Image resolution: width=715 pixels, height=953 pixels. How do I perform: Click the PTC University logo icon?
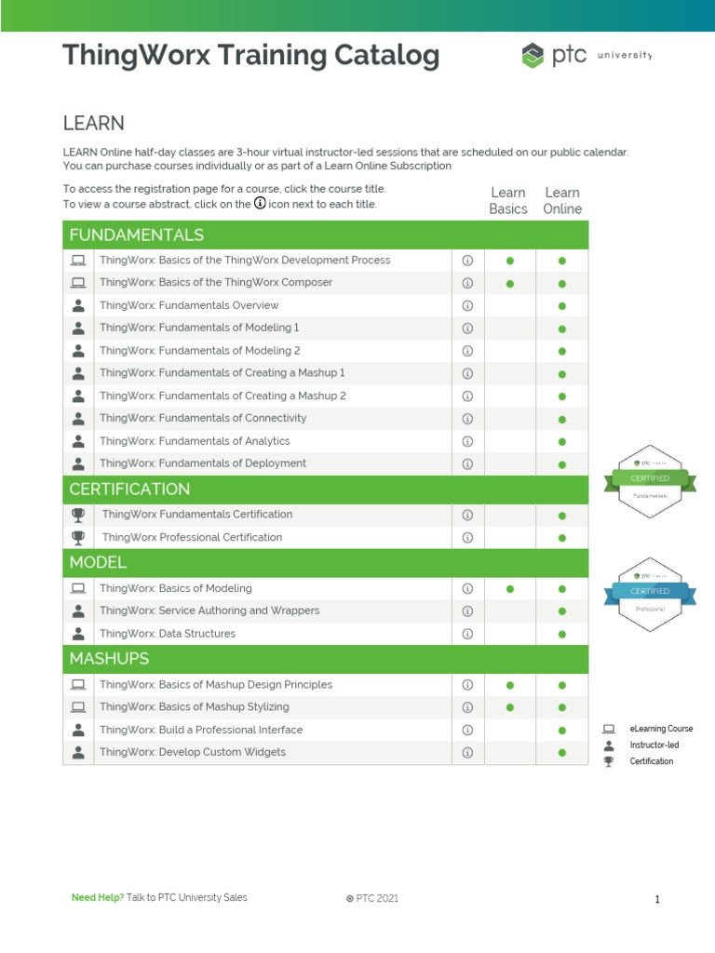point(532,56)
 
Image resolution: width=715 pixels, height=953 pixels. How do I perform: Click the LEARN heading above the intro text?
point(93,124)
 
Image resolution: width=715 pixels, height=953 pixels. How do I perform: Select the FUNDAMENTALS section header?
point(136,235)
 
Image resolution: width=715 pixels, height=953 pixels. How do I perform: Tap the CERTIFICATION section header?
point(129,490)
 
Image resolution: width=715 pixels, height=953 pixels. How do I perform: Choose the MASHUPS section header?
point(109,659)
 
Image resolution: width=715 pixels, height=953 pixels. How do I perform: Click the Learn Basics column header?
point(508,201)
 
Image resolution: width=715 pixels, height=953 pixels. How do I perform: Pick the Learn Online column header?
point(562,201)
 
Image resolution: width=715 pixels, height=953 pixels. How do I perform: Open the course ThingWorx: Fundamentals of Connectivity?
point(203,419)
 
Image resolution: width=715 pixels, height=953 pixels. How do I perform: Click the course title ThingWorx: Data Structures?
point(168,634)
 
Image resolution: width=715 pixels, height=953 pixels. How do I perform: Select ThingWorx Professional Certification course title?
point(192,537)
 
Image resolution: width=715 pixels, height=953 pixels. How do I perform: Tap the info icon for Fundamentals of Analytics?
point(468,441)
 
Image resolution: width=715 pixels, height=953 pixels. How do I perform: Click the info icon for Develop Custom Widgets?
point(468,752)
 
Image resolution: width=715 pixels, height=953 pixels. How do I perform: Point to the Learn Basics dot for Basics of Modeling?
point(509,589)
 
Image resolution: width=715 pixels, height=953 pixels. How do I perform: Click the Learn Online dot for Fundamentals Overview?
point(562,306)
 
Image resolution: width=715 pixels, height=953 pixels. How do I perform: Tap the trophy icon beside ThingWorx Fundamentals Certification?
point(78,514)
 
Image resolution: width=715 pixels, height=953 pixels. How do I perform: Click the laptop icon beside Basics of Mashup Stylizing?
point(78,707)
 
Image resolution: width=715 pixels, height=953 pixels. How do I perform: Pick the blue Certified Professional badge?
point(651,591)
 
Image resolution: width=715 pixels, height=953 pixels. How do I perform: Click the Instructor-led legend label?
point(654,745)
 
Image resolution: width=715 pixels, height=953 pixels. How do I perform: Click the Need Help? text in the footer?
point(98,898)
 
